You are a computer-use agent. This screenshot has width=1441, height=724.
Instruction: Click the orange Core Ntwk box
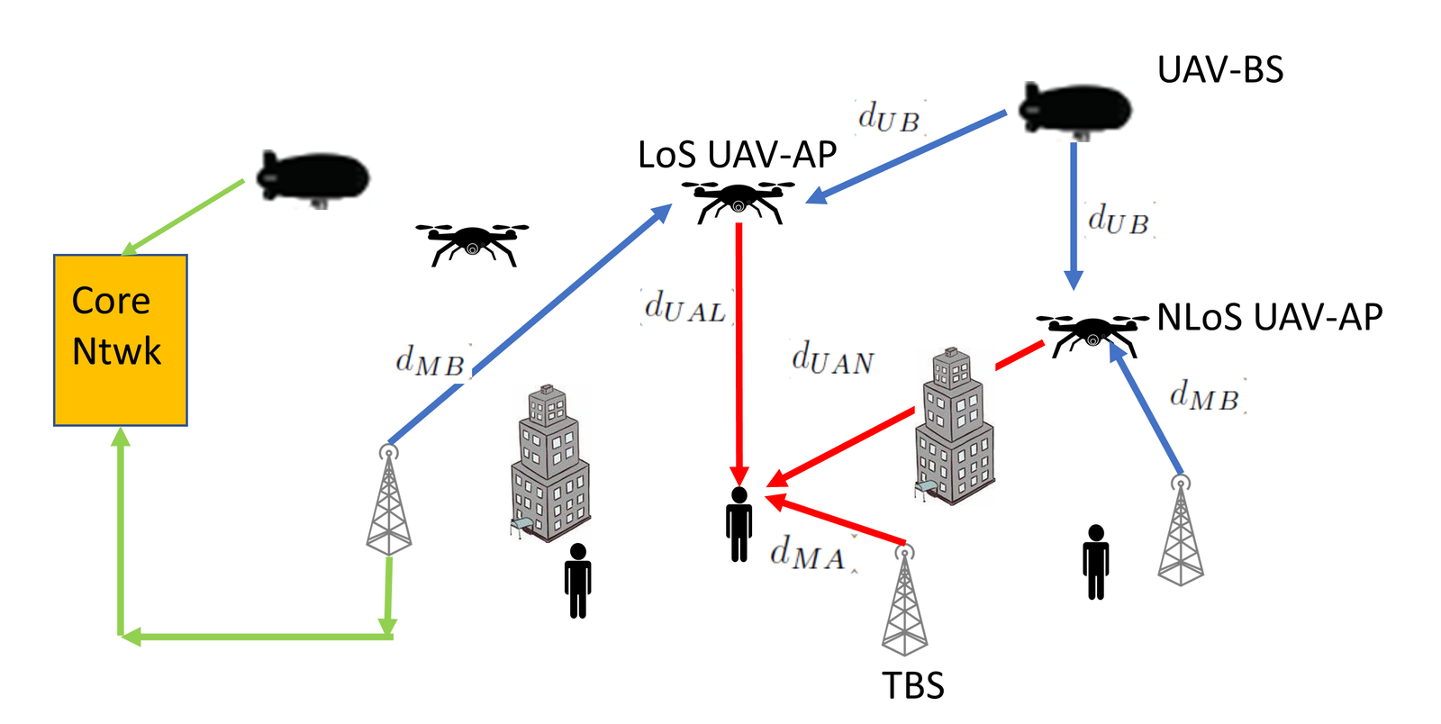(x=121, y=339)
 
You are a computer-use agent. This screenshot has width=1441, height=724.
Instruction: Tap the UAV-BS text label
(x=1219, y=70)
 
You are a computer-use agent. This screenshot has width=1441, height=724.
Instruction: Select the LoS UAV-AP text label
(x=737, y=155)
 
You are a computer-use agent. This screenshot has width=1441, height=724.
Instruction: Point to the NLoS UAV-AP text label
(x=1269, y=317)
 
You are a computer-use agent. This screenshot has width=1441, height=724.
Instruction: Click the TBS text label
(x=912, y=686)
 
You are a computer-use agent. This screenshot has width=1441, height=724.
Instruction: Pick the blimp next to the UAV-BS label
(x=1074, y=111)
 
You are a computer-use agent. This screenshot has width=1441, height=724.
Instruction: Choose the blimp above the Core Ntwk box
(x=313, y=176)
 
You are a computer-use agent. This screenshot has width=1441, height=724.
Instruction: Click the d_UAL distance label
(x=685, y=308)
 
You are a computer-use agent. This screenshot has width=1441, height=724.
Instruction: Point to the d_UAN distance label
(x=832, y=358)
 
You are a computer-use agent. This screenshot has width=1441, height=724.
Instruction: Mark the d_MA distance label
(x=808, y=553)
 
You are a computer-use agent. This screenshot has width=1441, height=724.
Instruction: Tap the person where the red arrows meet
(x=739, y=524)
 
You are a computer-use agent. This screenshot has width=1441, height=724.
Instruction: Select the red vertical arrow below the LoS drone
(x=739, y=351)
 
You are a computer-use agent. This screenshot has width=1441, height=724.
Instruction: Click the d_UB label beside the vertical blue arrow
(x=1119, y=220)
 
